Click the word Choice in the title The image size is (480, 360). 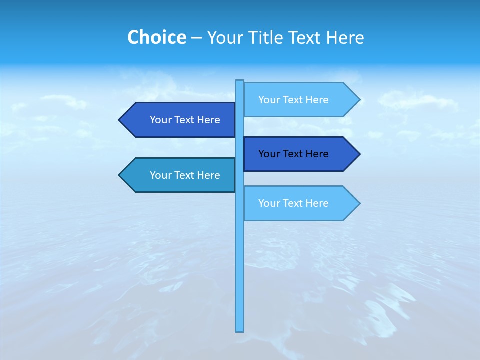[x=156, y=37]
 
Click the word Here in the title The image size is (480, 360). [x=345, y=37]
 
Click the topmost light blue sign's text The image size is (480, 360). [x=293, y=100]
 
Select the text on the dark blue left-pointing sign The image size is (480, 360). [x=185, y=120]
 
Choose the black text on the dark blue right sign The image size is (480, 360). [x=293, y=154]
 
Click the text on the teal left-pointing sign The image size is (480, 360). [x=185, y=175]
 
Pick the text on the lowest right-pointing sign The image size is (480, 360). [x=293, y=203]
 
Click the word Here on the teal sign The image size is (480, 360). [x=208, y=175]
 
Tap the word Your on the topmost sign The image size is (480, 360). [x=269, y=100]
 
